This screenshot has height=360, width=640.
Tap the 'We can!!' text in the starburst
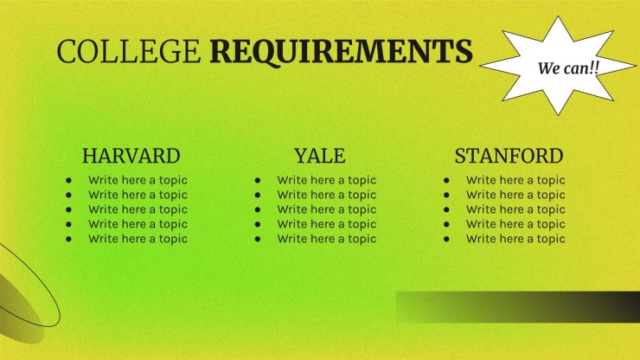[568, 67]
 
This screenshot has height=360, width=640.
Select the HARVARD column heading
[131, 156]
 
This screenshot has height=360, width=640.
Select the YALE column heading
[319, 156]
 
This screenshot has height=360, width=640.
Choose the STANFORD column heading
[509, 156]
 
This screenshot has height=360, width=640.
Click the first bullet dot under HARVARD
[68, 181]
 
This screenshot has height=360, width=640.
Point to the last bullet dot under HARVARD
[68, 239]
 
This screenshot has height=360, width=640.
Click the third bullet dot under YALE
[258, 209]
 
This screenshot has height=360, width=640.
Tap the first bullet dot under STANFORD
[446, 181]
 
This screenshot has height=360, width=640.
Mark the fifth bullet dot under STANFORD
[446, 239]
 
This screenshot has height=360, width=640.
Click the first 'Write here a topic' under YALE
[326, 180]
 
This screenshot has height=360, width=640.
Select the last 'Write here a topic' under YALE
[326, 239]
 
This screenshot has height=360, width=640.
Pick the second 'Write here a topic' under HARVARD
[138, 195]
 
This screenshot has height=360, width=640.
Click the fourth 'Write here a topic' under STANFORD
[515, 224]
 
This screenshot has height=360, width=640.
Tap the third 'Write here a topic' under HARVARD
[138, 209]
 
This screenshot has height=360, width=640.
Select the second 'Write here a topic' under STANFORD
[515, 195]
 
